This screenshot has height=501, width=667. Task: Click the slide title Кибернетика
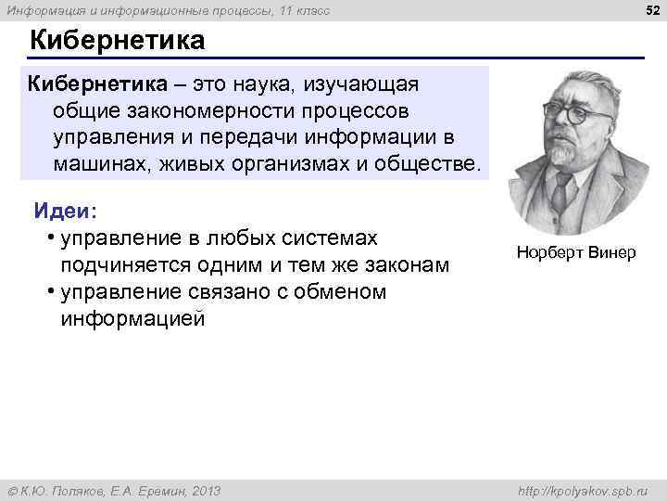coord(117,42)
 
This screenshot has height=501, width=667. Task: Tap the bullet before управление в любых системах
coord(49,239)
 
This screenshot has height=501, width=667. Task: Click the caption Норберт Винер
coord(576,252)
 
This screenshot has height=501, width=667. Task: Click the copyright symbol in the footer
coord(10,491)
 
